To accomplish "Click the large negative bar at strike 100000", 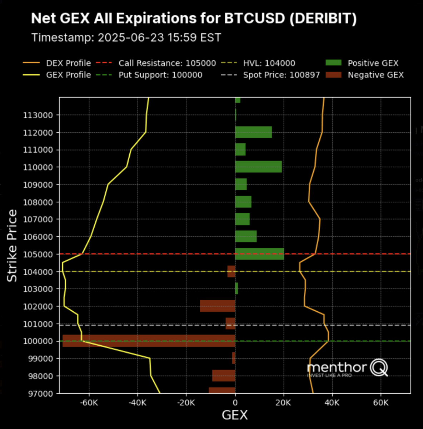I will point(149,341).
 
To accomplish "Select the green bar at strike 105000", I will point(259,254).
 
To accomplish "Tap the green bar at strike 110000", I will point(258,167).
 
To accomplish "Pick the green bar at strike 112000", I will point(253,132).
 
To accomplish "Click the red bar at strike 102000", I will point(217,306).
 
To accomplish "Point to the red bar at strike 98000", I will point(224,376).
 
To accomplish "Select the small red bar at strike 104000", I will point(231,271).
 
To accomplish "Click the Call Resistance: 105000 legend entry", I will point(167,63).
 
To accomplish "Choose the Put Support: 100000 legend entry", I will point(160,75).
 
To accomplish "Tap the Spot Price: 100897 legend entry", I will point(281,75).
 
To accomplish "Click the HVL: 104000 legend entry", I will point(269,63).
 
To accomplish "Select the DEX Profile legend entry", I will point(68,63).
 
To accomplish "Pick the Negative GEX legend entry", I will point(375,75).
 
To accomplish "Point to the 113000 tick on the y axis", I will point(38,115).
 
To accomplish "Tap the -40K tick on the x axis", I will point(138,403).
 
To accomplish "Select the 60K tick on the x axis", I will point(381,403).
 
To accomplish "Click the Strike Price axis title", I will point(12,245).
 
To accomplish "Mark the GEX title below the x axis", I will point(235,415).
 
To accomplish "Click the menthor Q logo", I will point(347,368).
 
